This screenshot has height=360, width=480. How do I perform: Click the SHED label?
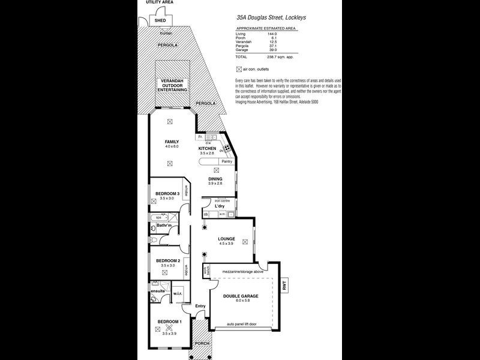pos(160,20)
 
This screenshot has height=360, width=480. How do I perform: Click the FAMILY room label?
pos(172,142)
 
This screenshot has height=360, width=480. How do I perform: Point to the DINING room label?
pos(215,179)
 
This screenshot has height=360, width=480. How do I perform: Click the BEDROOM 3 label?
pos(167,193)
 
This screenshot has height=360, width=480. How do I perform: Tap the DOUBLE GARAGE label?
pos(240,296)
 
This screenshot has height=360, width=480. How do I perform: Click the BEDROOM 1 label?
pos(169,322)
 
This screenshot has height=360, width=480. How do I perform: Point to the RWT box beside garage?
pos(284,287)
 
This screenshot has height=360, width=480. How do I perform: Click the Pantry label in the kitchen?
pos(226,161)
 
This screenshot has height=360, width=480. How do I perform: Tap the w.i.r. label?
pos(178,294)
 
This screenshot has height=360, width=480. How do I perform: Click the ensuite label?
pos(158,290)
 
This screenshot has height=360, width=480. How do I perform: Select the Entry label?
pos(200,307)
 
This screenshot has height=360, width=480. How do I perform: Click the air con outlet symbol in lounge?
pos(245,242)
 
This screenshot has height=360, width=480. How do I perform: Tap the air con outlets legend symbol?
pos(240,69)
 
